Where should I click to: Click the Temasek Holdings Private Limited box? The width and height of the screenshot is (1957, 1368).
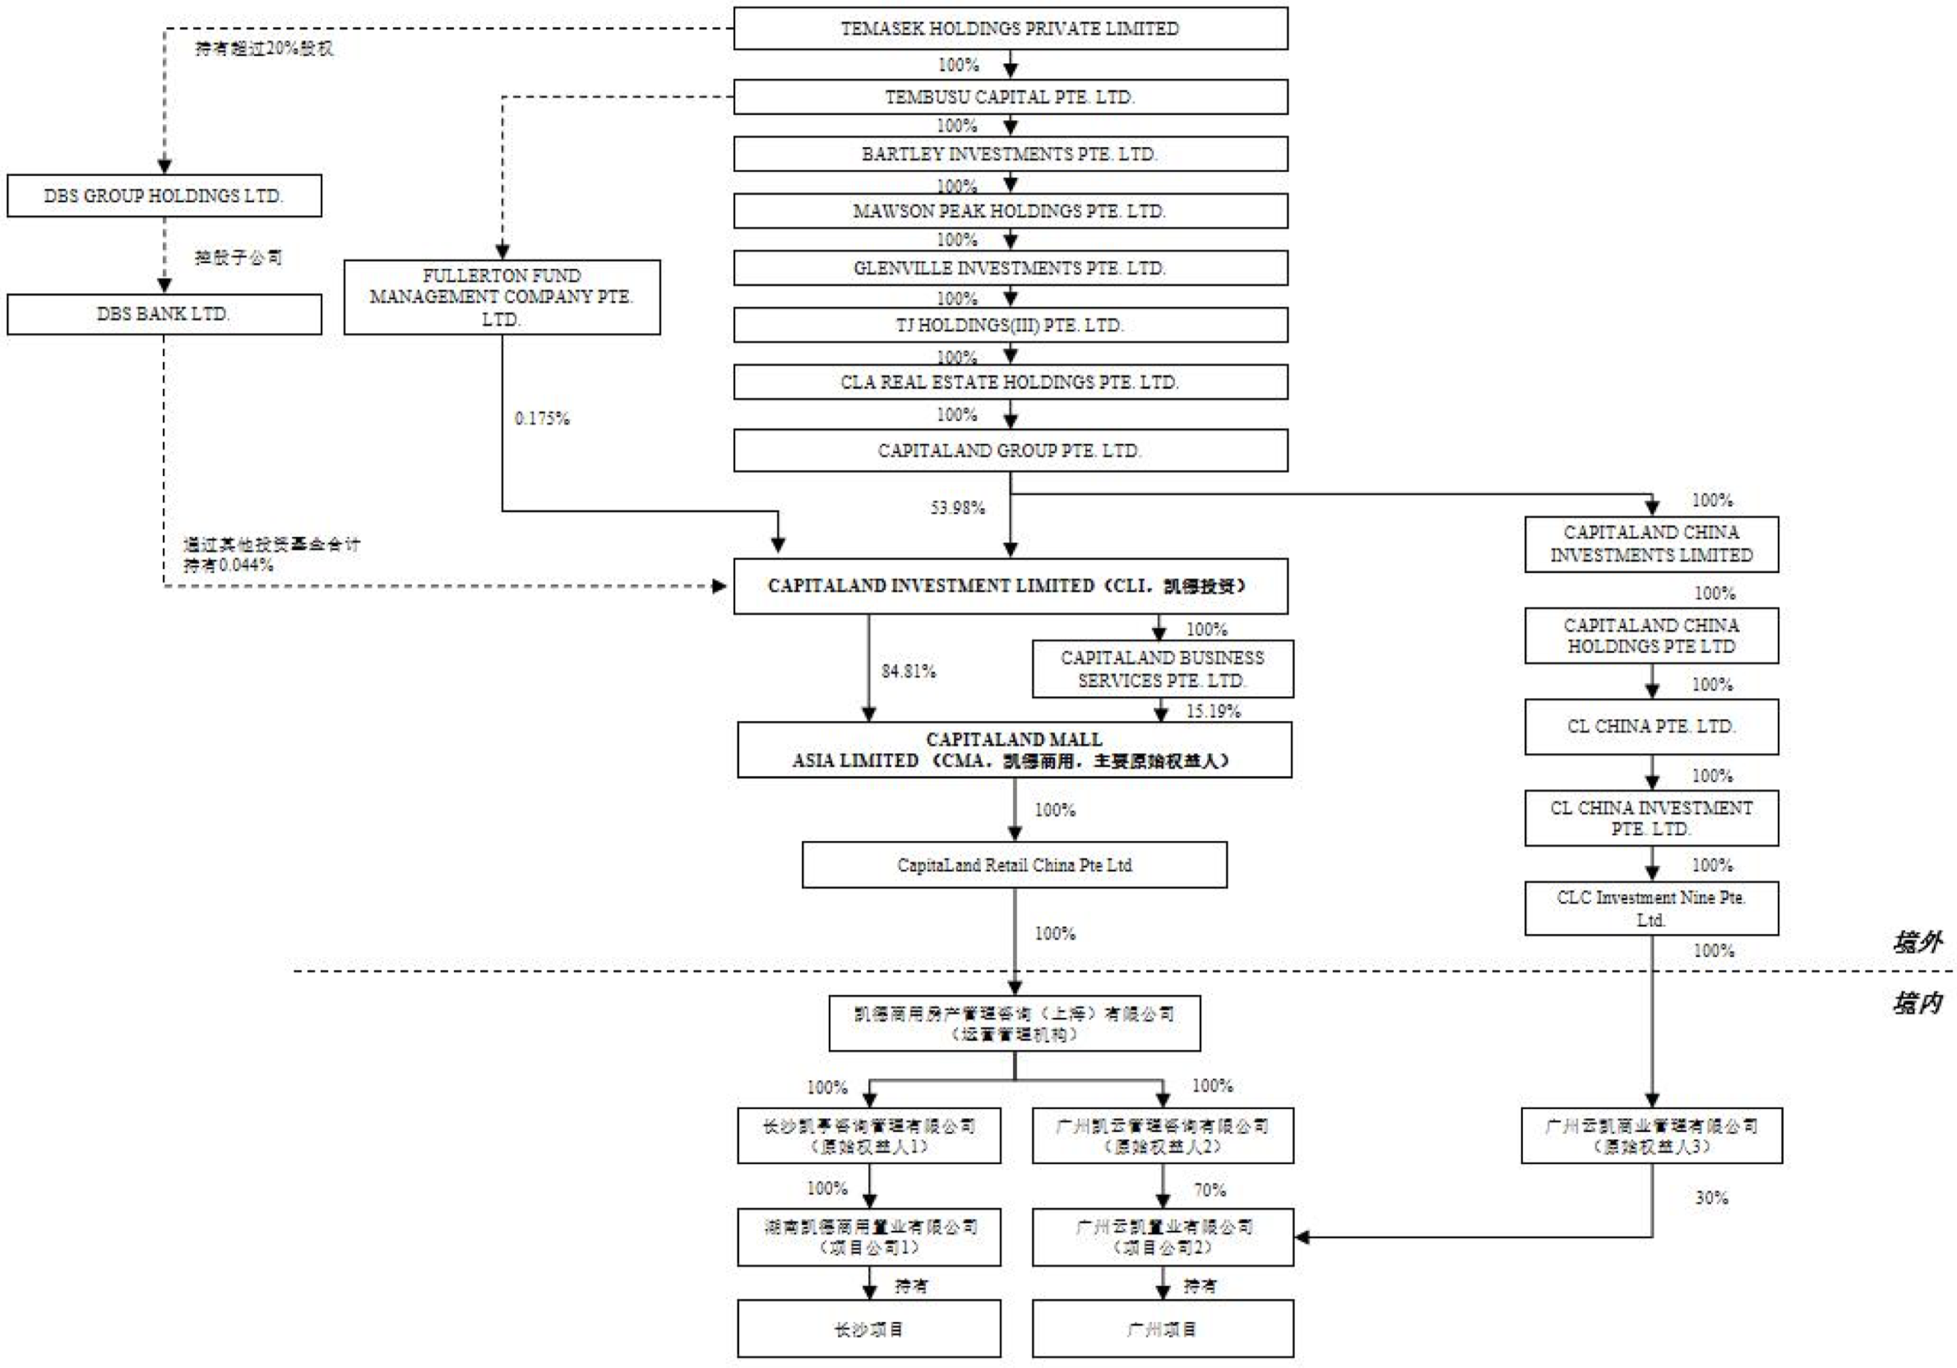(x=1010, y=28)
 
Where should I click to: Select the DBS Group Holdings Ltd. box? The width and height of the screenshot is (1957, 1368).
(x=164, y=196)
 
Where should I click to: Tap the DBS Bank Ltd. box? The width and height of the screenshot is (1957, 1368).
(x=164, y=315)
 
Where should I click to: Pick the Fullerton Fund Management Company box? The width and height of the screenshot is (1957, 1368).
(x=502, y=297)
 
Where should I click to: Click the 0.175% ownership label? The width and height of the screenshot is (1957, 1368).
(x=542, y=418)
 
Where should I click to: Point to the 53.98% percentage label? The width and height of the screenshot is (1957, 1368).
(x=957, y=508)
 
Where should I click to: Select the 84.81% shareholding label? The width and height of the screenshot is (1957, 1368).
(x=909, y=672)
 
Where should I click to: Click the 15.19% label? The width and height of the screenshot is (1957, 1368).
(x=1213, y=712)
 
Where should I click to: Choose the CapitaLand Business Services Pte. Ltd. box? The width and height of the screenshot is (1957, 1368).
(x=1163, y=669)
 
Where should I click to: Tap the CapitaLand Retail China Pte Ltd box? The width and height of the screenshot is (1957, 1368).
(x=1015, y=865)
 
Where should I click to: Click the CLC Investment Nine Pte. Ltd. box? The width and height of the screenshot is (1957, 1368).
(x=1651, y=908)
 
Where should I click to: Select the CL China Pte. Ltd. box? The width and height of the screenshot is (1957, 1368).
(x=1651, y=727)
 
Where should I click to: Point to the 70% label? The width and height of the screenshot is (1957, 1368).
(x=1210, y=1190)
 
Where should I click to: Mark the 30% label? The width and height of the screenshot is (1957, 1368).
(x=1711, y=1198)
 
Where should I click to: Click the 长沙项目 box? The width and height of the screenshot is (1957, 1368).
(x=868, y=1329)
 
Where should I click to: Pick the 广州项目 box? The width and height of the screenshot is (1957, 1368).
(x=1163, y=1329)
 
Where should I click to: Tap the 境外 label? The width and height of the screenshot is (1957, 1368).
(x=1918, y=943)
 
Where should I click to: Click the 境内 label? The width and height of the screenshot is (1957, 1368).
(x=1918, y=1003)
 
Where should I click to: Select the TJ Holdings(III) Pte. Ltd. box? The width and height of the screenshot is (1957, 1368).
(x=1010, y=326)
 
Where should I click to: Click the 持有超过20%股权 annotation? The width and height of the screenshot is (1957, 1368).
(x=264, y=49)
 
